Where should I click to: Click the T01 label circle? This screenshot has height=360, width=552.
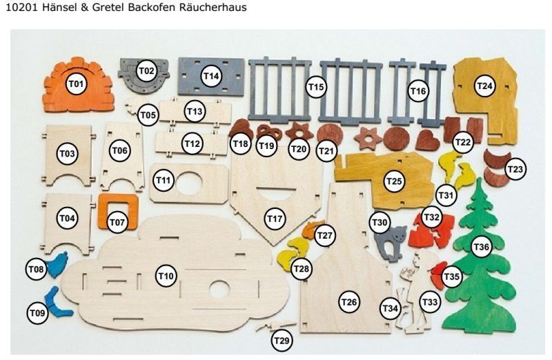pos(77,84)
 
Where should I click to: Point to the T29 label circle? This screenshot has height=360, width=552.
pos(282,340)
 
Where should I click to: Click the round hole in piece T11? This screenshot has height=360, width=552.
pos(189,183)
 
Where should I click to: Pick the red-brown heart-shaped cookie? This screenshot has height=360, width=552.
pos(427,141)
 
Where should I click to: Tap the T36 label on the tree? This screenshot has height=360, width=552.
pos(481,247)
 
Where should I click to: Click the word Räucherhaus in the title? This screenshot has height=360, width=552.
pos(213,8)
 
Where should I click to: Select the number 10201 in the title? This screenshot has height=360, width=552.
pos(22,8)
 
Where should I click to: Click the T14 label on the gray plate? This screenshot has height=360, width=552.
pos(211,76)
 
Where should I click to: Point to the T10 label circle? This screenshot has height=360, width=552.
pos(166,276)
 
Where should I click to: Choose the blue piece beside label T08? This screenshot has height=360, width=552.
pos(57,265)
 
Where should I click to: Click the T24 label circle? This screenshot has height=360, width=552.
pos(484,86)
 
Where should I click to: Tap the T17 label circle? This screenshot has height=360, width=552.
pos(275,219)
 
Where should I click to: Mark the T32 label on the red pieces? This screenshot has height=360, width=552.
pos(432,217)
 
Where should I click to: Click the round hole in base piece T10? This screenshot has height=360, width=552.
pos(219,288)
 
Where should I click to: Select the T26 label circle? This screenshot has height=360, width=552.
pos(349,302)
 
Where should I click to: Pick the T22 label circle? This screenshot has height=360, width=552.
pos(462,142)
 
